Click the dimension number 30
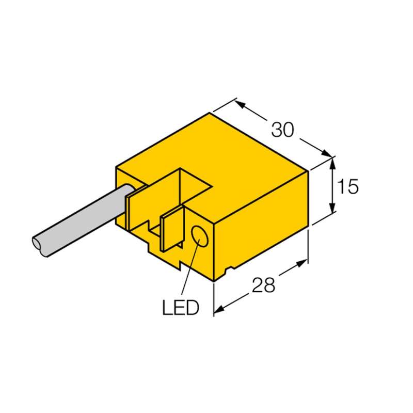(282, 130)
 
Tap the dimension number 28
(263, 285)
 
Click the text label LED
(180, 309)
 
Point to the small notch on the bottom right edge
(229, 269)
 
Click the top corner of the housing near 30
(210, 113)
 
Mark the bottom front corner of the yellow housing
(214, 281)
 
